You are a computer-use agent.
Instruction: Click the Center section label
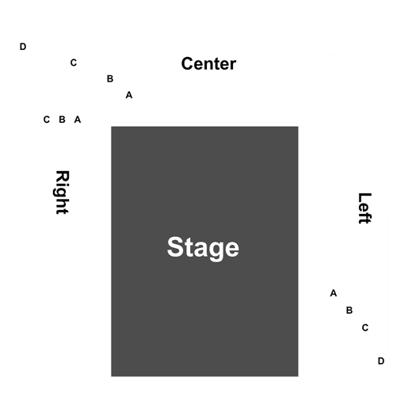pos(208,63)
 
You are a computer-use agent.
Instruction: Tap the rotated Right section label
pos(63,192)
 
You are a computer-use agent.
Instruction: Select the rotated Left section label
pos(364,208)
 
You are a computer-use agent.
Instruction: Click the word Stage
pos(203,248)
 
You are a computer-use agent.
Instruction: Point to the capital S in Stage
pos(175,246)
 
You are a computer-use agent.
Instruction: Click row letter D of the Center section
pos(23,47)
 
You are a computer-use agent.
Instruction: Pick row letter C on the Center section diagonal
pos(74,63)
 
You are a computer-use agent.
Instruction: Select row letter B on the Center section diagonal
pos(110,78)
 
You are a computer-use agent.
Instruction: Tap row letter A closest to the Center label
pos(129,95)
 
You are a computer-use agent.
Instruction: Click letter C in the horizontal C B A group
pos(47,120)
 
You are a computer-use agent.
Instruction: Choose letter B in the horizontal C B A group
pos(62,120)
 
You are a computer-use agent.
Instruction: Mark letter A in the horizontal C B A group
pos(78,120)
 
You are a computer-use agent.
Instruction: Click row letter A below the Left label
pos(334,293)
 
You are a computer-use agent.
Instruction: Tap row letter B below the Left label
pos(349,310)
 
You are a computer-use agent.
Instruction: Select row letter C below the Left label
pos(365,328)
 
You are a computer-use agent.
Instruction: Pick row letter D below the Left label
pos(381,361)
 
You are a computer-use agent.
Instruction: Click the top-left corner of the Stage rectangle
pos(111,127)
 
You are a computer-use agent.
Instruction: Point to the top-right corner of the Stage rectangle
pos(298,127)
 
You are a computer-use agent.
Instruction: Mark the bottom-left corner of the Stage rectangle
pos(111,376)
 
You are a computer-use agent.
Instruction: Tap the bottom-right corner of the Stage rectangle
pos(298,376)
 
